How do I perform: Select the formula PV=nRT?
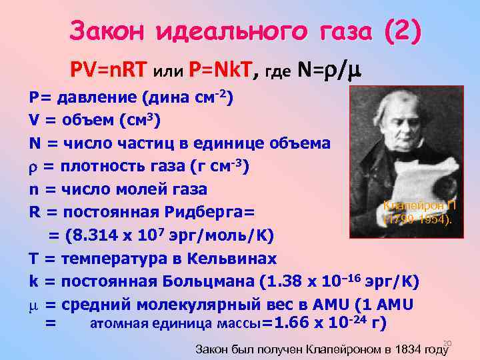tap(109, 69)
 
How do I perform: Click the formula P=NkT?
tap(220, 69)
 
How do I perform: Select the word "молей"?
tap(148, 189)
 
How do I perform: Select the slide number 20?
tap(447, 343)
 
